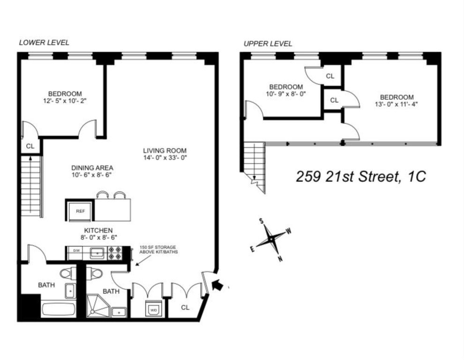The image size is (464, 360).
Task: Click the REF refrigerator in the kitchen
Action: coord(80,211)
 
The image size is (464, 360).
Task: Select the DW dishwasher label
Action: coord(76,250)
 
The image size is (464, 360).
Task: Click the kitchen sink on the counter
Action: coord(96,253)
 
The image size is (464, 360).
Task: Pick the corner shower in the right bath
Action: coord(97,306)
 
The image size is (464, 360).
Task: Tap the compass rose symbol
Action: coord(271,239)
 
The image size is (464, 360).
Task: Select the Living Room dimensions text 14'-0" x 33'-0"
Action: coord(165,158)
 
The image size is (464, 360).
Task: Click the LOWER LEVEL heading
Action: coord(44,43)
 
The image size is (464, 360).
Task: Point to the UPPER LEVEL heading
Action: coord(268,44)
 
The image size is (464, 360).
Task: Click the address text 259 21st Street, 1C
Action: coord(361,177)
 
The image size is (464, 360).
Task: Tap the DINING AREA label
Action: coord(92,168)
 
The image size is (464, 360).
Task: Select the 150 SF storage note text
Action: coord(158,249)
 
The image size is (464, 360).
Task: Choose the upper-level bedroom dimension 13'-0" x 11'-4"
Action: coord(397,104)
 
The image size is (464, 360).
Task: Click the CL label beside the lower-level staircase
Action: coord(30,146)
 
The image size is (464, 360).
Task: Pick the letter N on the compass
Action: coord(280,259)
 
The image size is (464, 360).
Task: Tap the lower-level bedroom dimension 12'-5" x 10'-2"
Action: coord(65,101)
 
